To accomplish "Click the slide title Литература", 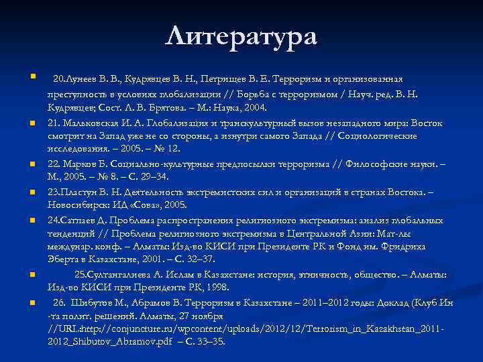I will click(x=241, y=36).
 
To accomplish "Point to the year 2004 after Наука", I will click(x=254, y=107).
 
